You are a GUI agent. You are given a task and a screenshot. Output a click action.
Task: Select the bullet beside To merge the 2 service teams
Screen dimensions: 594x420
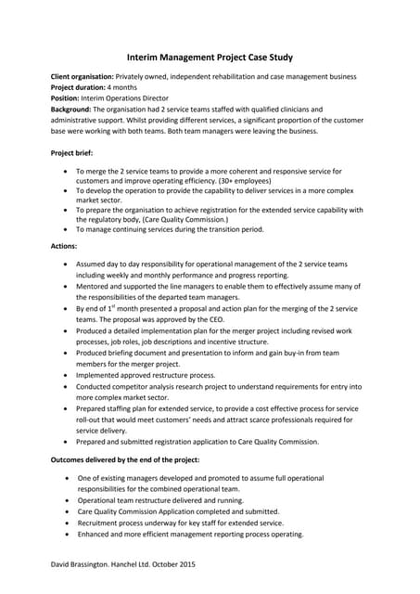pos(63,172)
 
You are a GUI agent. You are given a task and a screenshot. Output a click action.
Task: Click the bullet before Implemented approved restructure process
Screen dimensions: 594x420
pos(63,375)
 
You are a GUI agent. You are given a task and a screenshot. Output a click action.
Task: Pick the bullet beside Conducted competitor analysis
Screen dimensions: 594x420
pos(63,386)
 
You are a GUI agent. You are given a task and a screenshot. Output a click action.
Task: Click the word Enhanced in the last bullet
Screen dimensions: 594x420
pos(95,534)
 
